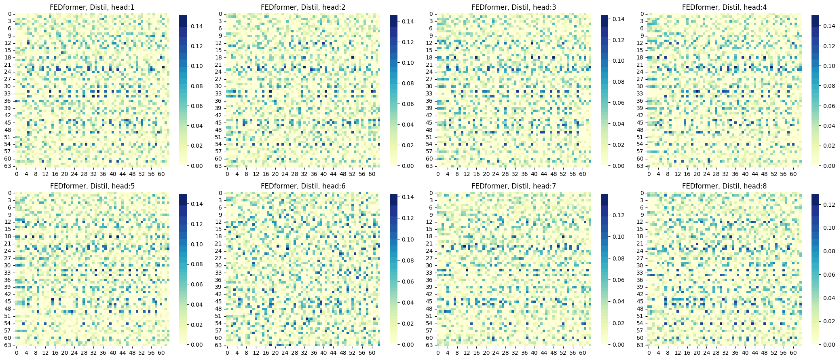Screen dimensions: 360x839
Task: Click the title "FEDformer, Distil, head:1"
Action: [92, 7]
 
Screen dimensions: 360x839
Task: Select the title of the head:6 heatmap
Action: [303, 186]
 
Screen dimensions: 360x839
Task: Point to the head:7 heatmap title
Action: [514, 186]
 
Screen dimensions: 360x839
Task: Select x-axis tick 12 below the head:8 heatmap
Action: [677, 353]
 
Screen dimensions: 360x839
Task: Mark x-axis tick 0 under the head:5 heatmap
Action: [17, 353]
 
